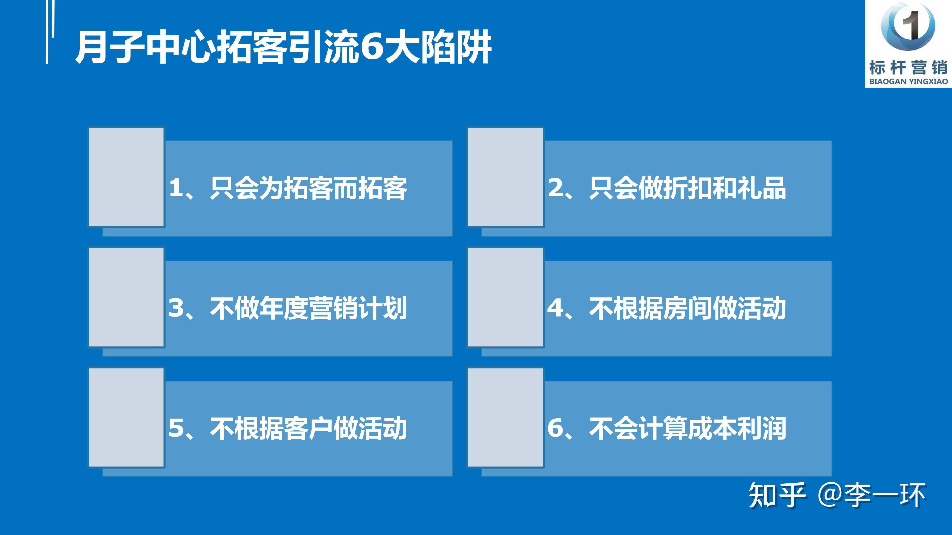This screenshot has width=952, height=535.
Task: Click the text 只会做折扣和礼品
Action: (x=687, y=188)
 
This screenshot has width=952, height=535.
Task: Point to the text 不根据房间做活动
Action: (x=687, y=308)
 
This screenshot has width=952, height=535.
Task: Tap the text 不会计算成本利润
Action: (x=687, y=428)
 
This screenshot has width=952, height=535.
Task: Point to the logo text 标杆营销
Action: (x=908, y=68)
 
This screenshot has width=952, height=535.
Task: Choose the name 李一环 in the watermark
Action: (x=885, y=495)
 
